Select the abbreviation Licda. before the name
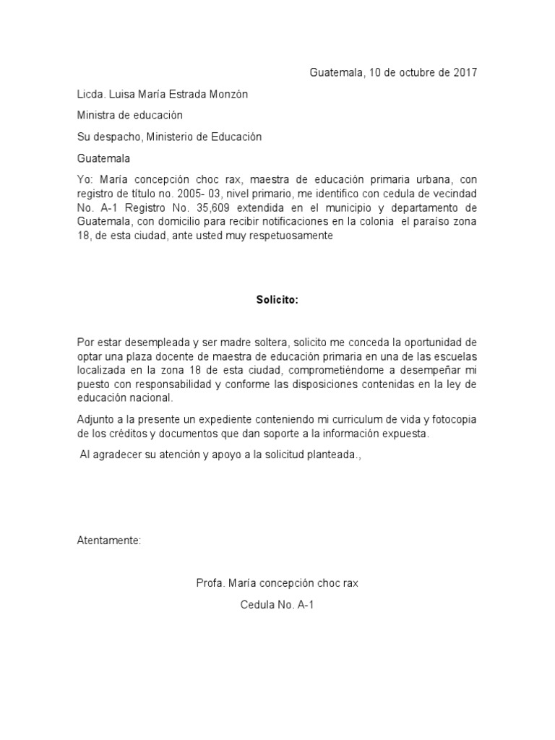pyautogui.click(x=92, y=94)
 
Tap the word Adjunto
pyautogui.click(x=95, y=420)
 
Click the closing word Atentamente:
pyautogui.click(x=110, y=541)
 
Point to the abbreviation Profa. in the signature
pyautogui.click(x=210, y=583)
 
